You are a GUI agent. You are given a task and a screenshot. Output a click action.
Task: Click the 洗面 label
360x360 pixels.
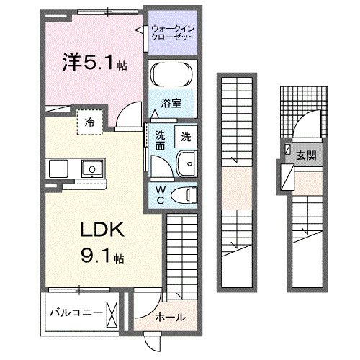click(161, 140)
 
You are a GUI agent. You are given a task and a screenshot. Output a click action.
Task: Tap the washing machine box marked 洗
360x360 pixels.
click(186, 136)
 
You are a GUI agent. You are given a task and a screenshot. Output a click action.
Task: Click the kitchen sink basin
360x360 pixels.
click(92, 170)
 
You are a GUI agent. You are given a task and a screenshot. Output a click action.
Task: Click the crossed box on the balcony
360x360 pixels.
click(114, 312)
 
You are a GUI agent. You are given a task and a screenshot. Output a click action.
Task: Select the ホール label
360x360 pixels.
click(171, 317)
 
